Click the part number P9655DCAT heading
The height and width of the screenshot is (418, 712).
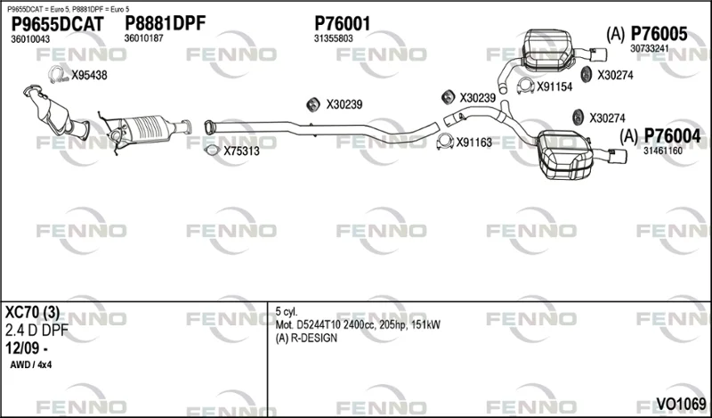click(57, 24)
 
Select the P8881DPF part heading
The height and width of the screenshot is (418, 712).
click(166, 23)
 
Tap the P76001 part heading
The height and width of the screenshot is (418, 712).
click(343, 24)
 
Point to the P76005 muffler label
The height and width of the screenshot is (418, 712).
click(659, 34)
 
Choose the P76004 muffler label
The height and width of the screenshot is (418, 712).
click(673, 136)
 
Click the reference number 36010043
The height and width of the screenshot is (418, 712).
click(30, 39)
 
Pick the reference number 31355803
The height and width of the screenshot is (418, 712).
click(333, 39)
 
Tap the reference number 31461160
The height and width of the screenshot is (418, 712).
click(662, 151)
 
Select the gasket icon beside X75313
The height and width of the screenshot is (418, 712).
click(211, 150)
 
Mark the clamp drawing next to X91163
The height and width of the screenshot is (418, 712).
click(445, 142)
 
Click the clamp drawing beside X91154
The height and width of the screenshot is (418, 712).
click(525, 86)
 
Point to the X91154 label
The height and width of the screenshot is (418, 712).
click(554, 86)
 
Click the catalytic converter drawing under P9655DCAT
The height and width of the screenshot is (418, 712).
click(55, 111)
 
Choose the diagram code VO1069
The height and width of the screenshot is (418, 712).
click(681, 404)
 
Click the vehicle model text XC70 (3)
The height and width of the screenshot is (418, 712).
click(32, 313)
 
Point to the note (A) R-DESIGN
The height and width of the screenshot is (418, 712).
click(306, 339)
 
